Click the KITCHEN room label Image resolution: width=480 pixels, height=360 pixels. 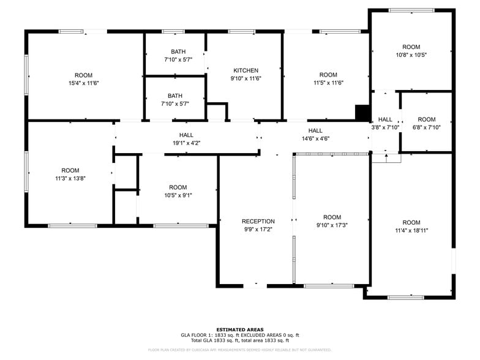pyautogui.click(x=246, y=70)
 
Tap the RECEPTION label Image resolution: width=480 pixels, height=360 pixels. pyautogui.click(x=258, y=221)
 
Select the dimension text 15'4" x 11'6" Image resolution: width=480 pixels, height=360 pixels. pyautogui.click(x=83, y=83)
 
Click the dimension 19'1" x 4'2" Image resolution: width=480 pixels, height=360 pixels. pyautogui.click(x=186, y=143)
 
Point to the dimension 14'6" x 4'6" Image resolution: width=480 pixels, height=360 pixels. pyautogui.click(x=315, y=138)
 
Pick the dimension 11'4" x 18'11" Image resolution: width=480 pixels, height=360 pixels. pyautogui.click(x=411, y=230)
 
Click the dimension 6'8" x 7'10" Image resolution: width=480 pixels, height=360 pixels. pyautogui.click(x=426, y=127)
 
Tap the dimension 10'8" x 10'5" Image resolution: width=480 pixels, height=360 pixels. pyautogui.click(x=411, y=54)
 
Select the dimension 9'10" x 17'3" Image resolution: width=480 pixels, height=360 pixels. pyautogui.click(x=332, y=225)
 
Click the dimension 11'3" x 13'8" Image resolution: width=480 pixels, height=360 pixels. pyautogui.click(x=70, y=178)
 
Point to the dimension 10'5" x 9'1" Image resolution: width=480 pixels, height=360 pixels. pyautogui.click(x=178, y=195)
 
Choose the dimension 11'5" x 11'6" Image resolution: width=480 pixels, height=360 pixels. pyautogui.click(x=328, y=83)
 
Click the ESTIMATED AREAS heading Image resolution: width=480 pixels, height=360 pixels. pyautogui.click(x=239, y=329)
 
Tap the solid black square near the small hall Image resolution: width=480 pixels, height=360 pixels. pyautogui.click(x=362, y=113)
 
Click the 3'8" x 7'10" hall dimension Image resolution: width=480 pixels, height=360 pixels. pyautogui.click(x=385, y=127)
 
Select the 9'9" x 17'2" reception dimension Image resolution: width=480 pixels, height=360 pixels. pyautogui.click(x=258, y=229)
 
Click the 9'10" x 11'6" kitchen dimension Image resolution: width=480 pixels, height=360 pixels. pyautogui.click(x=246, y=78)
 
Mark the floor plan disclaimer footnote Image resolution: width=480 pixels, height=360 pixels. pyautogui.click(x=239, y=350)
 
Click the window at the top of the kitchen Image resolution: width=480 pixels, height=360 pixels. pyautogui.click(x=242, y=31)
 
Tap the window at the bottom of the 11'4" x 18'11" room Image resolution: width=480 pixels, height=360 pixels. pyautogui.click(x=405, y=298)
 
